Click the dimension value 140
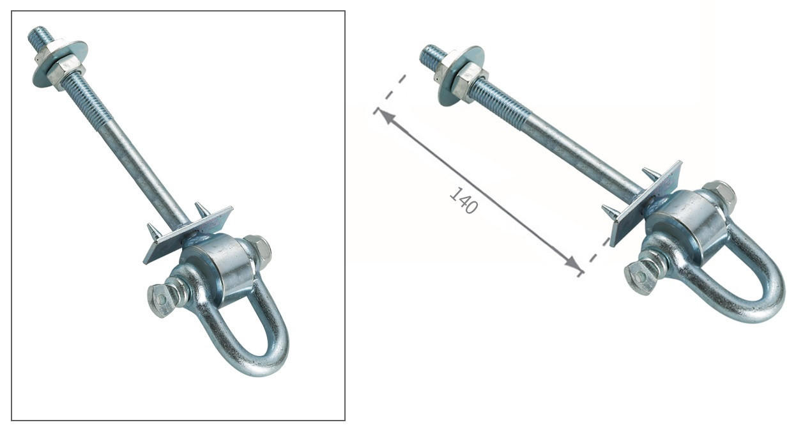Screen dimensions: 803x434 (464, 200)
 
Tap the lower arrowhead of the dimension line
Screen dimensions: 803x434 (572, 263)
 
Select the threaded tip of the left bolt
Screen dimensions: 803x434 (40, 36)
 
